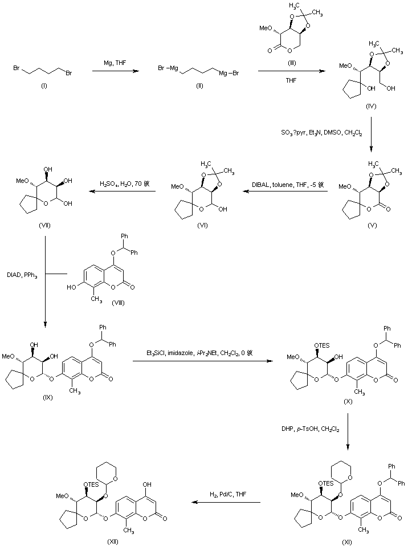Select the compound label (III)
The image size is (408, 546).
(x=285, y=61)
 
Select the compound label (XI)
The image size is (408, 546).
(x=346, y=541)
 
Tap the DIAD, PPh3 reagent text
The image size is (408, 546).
(x=23, y=275)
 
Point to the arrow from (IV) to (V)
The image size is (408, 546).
(x=371, y=135)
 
